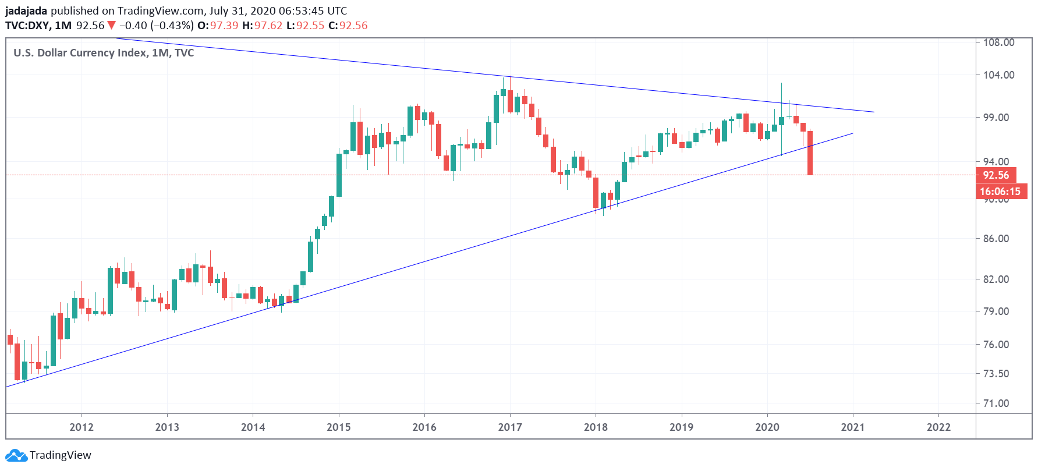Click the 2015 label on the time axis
pyautogui.click(x=338, y=427)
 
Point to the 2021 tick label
pyautogui.click(x=852, y=427)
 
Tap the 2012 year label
pyautogui.click(x=82, y=427)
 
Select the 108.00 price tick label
pyautogui.click(x=998, y=43)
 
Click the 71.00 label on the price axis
pyautogui.click(x=996, y=403)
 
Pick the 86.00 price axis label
pyautogui.click(x=996, y=238)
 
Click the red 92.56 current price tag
pyautogui.click(x=996, y=175)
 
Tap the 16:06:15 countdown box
pyautogui.click(x=1000, y=192)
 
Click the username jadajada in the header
pyautogui.click(x=26, y=11)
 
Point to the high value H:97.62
pyautogui.click(x=262, y=26)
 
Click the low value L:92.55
pyautogui.click(x=305, y=26)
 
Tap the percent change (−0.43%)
pyautogui.click(x=172, y=26)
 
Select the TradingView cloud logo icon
pyautogui.click(x=16, y=455)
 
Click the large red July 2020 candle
pyautogui.click(x=810, y=153)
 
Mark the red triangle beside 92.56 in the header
pyautogui.click(x=112, y=26)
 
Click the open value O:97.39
pyautogui.click(x=218, y=26)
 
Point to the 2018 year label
pyautogui.click(x=596, y=427)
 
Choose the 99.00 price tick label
pyautogui.click(x=996, y=117)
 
